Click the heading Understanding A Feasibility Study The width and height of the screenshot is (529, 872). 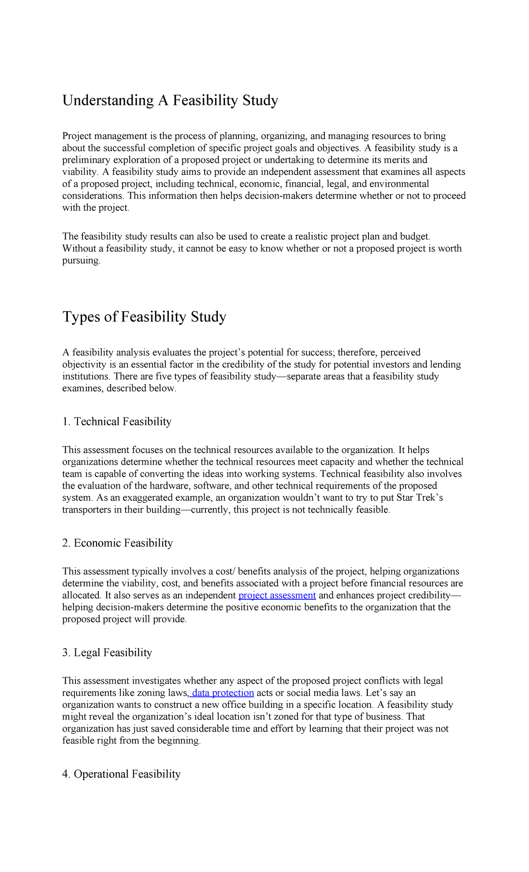coord(170,101)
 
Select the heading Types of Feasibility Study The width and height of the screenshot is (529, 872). coord(144,317)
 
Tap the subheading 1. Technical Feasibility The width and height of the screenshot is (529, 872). coord(117,421)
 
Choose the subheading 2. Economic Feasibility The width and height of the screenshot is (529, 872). coord(117,543)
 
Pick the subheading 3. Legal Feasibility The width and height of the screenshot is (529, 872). coord(107,652)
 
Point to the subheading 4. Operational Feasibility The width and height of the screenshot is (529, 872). coord(121,774)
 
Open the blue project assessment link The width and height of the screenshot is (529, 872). coord(277,595)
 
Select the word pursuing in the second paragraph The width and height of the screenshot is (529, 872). coord(81,260)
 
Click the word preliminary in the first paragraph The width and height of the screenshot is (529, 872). coord(88,160)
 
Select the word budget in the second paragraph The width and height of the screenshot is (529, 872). coord(414,237)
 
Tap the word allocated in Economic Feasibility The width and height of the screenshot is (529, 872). coord(81,595)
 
